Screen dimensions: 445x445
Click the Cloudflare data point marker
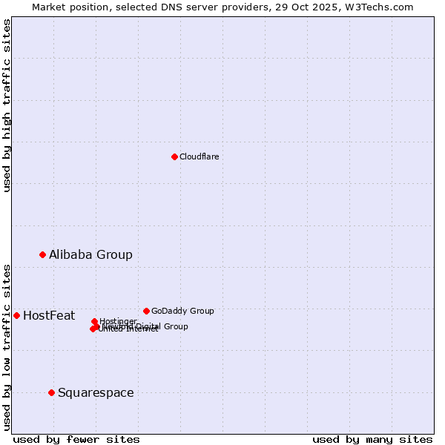(174, 156)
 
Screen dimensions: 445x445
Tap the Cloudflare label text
(199, 156)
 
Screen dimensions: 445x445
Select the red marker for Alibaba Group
(42, 254)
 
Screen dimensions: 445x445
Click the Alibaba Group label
(90, 254)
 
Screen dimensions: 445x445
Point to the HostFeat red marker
(16, 315)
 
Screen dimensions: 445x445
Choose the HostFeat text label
(49, 316)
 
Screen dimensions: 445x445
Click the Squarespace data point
(51, 392)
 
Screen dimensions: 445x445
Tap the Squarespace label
(96, 393)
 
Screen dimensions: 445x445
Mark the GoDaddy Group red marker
(146, 311)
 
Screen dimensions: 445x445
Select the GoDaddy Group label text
(182, 311)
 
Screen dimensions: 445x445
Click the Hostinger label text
(118, 321)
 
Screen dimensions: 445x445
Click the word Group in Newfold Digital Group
(176, 326)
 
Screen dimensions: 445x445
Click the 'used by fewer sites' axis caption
(76, 439)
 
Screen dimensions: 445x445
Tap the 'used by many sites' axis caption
(372, 439)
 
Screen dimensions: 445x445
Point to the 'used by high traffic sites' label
(7, 105)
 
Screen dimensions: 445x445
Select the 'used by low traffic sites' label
(7, 346)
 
